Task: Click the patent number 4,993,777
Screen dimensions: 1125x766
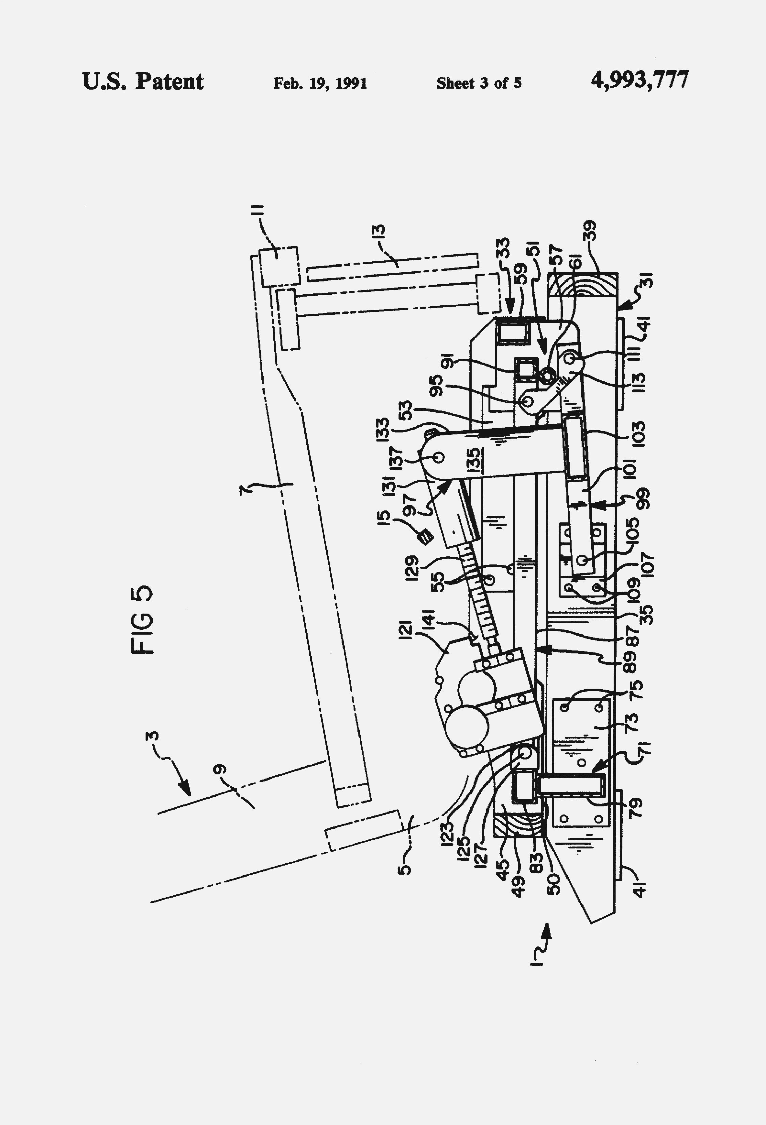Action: [x=639, y=80]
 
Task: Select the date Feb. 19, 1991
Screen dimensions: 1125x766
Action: [x=320, y=83]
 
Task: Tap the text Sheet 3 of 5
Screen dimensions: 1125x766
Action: [x=479, y=83]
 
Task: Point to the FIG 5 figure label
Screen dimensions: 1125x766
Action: [x=142, y=620]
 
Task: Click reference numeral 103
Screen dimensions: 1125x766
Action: [x=638, y=433]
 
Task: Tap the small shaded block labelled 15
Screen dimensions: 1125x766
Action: [x=426, y=537]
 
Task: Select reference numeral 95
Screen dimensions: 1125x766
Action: [x=436, y=385]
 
